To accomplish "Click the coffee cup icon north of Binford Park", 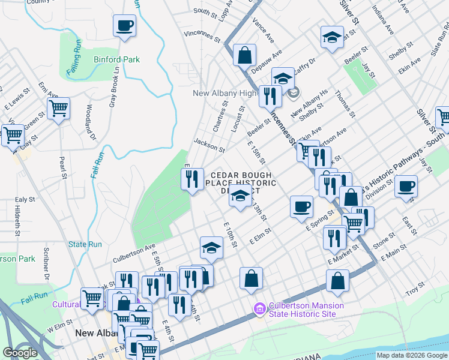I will [124, 26].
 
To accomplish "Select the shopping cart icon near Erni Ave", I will [58, 109].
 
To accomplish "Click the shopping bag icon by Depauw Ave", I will [245, 56].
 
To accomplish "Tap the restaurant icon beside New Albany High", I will [270, 95].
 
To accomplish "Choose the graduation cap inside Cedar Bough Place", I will [240, 196].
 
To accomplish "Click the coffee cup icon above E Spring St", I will [301, 207].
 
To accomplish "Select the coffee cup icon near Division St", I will [406, 186].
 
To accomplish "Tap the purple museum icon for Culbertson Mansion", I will [259, 310].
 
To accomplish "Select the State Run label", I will [85, 244].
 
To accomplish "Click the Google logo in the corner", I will [20, 352].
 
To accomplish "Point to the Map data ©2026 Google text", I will [412, 355].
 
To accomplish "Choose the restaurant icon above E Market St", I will [334, 238].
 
